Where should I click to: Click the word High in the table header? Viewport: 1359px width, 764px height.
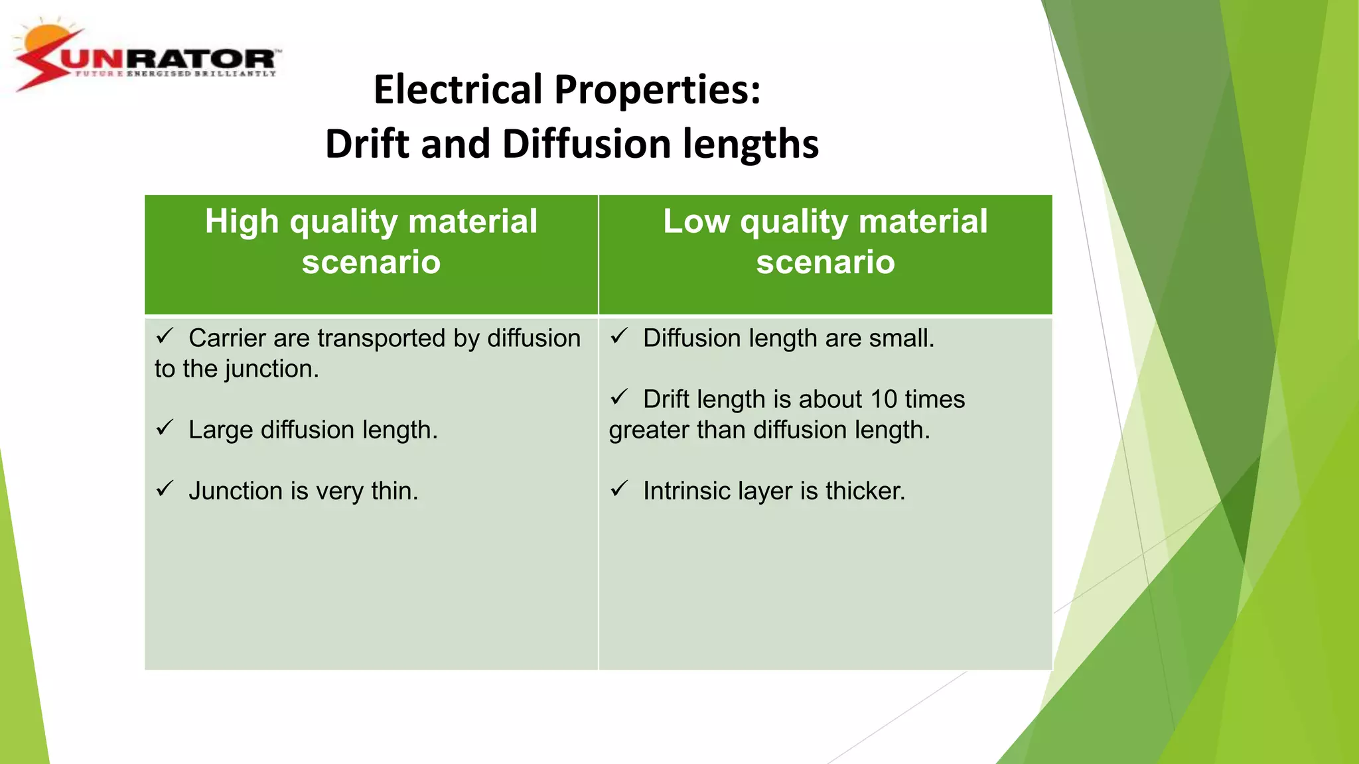[242, 221]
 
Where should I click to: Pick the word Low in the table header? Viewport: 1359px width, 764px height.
[696, 221]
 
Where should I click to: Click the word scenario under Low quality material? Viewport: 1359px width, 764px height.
[825, 261]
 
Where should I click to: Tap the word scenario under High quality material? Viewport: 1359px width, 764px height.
[371, 261]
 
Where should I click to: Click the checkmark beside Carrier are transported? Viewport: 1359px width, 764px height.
[165, 336]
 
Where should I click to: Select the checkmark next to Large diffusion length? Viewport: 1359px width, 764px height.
[165, 428]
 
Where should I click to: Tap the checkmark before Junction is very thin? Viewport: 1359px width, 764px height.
[165, 489]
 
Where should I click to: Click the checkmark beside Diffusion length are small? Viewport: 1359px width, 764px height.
[619, 336]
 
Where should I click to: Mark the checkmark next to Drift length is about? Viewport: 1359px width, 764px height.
[619, 397]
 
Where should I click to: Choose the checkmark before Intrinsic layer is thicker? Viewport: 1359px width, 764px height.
[619, 489]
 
